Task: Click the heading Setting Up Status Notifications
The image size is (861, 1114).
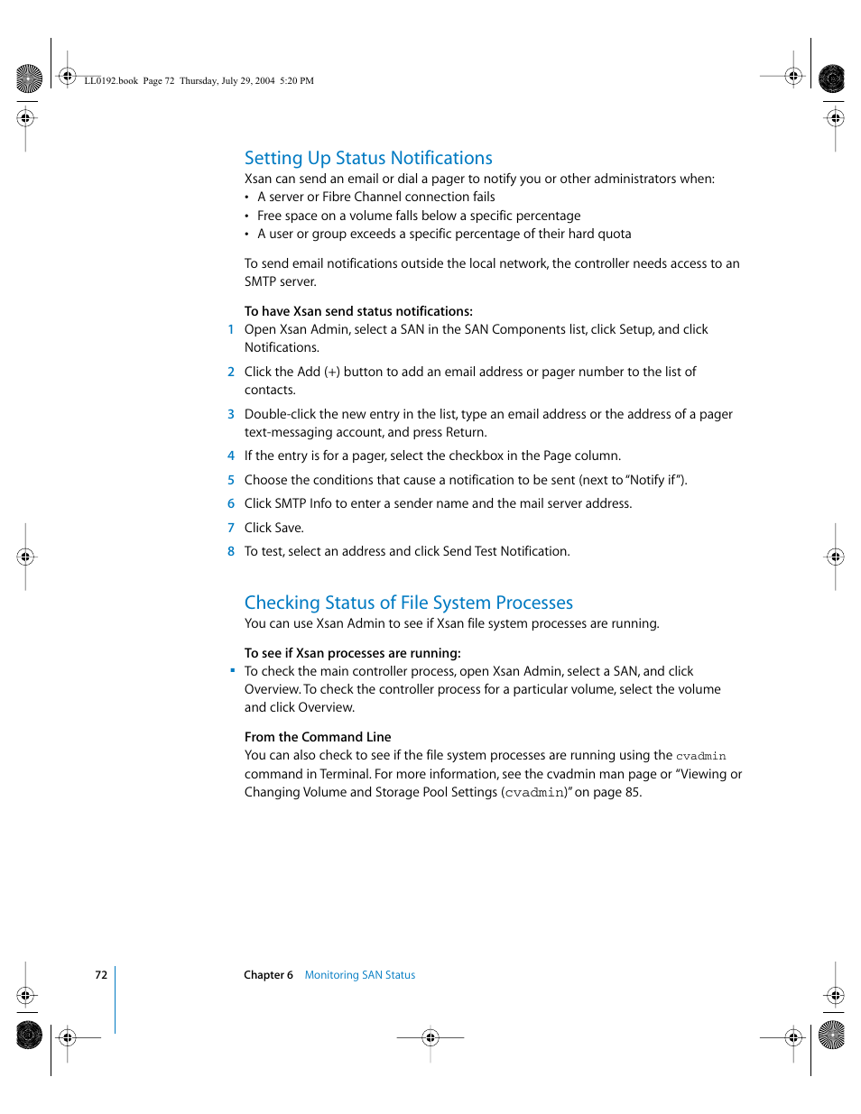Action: click(368, 158)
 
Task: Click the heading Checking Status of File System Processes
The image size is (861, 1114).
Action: click(408, 603)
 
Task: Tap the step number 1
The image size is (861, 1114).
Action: click(231, 329)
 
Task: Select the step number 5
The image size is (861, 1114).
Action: click(231, 480)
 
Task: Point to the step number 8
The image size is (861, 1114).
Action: click(231, 551)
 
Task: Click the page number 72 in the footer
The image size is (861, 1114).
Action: click(101, 975)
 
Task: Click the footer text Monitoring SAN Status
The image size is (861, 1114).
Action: click(359, 975)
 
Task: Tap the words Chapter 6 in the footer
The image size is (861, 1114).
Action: click(268, 975)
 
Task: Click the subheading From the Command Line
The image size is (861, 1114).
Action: click(318, 737)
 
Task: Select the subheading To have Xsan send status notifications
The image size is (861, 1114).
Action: click(358, 311)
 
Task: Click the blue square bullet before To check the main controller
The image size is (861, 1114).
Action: click(232, 670)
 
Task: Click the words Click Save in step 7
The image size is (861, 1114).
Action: click(273, 528)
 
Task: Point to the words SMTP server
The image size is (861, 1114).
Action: click(280, 281)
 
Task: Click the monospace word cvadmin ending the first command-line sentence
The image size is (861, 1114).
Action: click(701, 756)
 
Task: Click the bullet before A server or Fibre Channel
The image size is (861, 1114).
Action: click(246, 198)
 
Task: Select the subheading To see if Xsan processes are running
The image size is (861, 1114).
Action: click(352, 653)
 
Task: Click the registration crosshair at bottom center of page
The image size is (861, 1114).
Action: click(430, 1037)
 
